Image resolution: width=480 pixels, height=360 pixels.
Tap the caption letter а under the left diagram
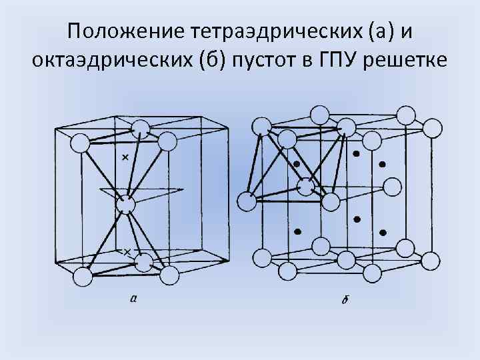134,298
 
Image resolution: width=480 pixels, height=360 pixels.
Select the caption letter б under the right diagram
345,299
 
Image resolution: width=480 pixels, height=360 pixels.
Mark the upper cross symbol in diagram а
125,158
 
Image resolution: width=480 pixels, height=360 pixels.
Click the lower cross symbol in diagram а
127,251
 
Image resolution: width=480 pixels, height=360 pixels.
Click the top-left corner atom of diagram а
80,142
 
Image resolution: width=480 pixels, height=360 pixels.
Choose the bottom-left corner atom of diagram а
81,275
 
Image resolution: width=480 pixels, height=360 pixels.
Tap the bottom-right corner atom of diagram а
169,275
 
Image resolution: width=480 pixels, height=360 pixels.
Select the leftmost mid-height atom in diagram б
247,201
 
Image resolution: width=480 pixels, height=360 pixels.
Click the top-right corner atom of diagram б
432,127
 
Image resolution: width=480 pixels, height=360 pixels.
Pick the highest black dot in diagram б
357,153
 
